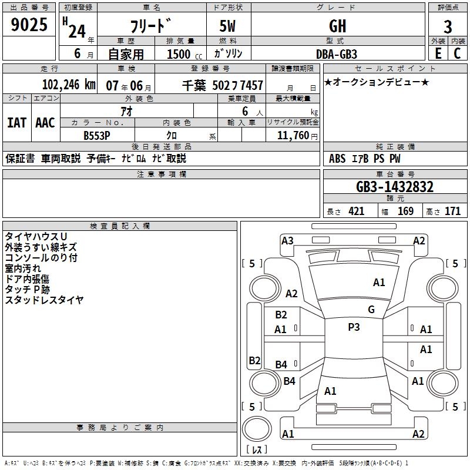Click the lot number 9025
tap(29, 25)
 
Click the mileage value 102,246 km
tap(69, 85)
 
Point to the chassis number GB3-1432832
tap(395, 187)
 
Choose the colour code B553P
tap(97, 135)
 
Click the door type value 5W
tap(228, 26)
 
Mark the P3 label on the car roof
tap(354, 327)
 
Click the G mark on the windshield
tap(371, 310)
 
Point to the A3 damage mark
tap(287, 240)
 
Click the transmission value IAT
tap(16, 123)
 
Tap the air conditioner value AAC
tap(45, 123)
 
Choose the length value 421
tap(356, 211)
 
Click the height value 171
tap(452, 211)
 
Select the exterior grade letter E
tap(438, 53)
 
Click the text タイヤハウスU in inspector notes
tap(36, 237)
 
